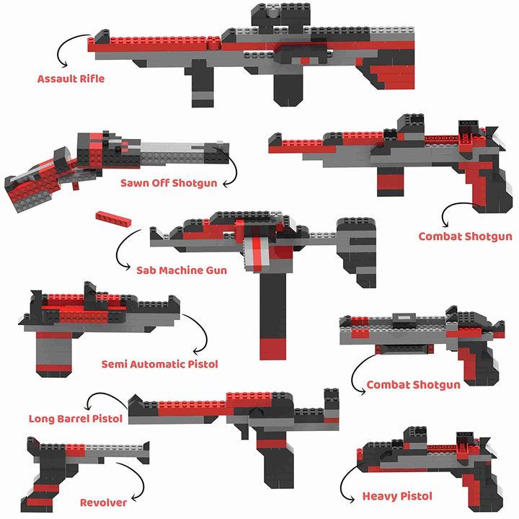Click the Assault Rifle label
point(71,79)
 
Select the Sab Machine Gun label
point(182,270)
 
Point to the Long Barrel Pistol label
point(76,418)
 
